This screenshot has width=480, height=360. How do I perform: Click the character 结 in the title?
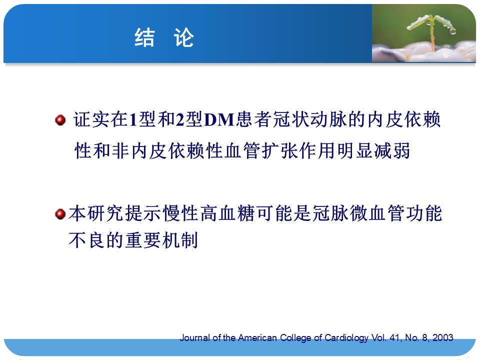click(x=144, y=37)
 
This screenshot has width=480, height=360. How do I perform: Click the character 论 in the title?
click(x=183, y=37)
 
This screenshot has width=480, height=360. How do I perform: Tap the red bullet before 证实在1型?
click(x=60, y=119)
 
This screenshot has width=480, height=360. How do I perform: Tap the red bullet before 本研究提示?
click(x=60, y=214)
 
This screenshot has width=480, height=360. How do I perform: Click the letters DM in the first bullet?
click(x=219, y=119)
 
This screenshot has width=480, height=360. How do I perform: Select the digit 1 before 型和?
click(x=133, y=119)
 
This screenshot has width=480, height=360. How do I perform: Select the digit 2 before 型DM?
click(x=179, y=119)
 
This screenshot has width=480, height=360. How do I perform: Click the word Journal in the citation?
click(x=194, y=337)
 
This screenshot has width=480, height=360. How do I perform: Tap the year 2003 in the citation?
click(x=442, y=337)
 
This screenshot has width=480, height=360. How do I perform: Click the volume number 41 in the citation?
click(x=395, y=337)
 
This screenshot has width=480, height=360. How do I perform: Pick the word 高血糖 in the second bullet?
click(x=227, y=213)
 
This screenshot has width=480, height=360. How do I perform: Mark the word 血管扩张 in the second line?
click(x=261, y=150)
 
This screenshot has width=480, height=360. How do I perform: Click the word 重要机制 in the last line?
click(x=161, y=240)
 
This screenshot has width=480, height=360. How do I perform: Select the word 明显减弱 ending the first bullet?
click(x=373, y=150)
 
